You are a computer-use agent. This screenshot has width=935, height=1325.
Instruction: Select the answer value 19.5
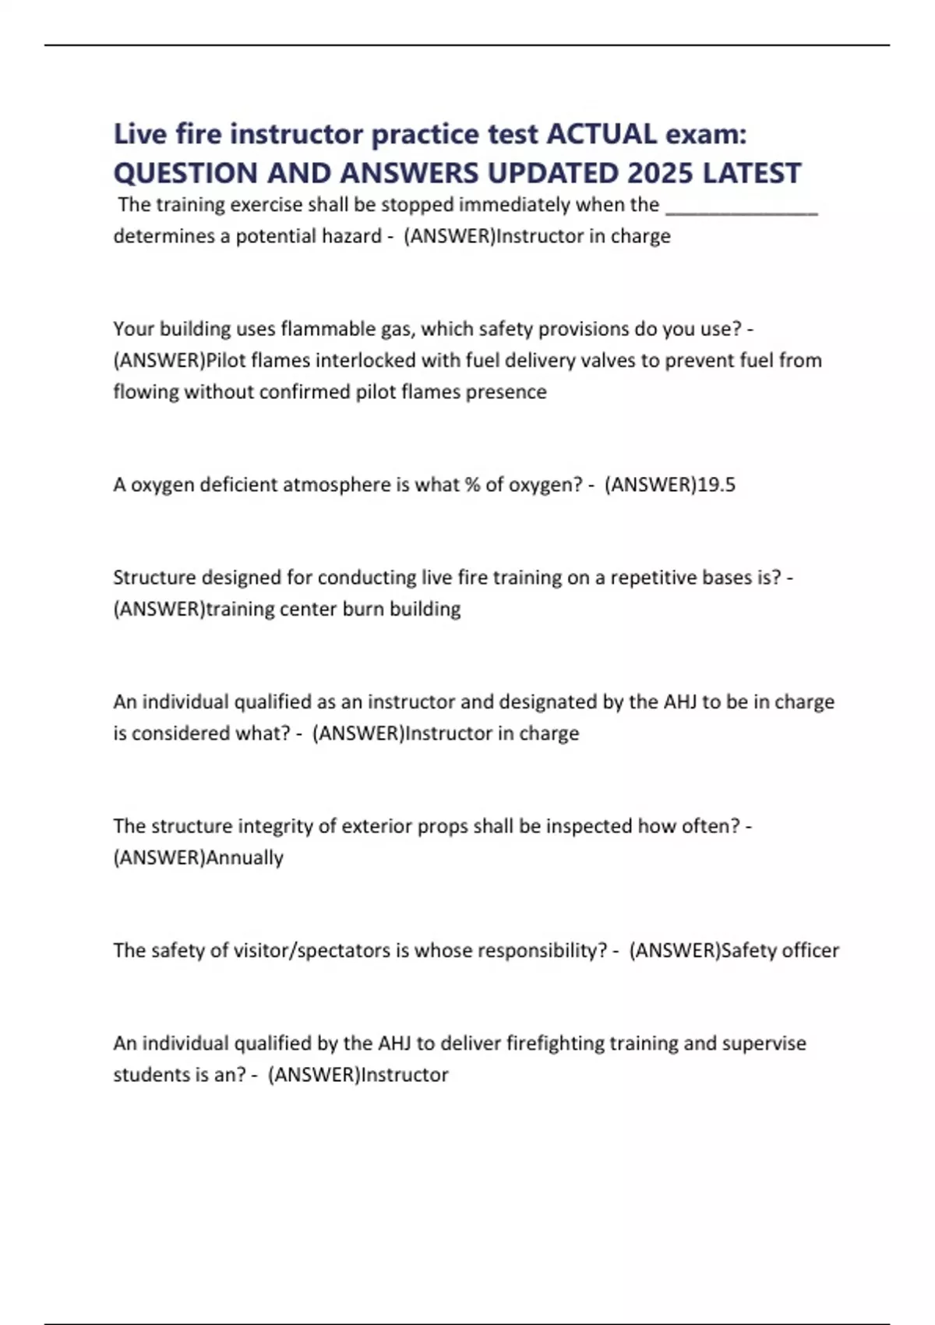716,485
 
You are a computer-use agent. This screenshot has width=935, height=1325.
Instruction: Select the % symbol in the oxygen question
471,485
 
